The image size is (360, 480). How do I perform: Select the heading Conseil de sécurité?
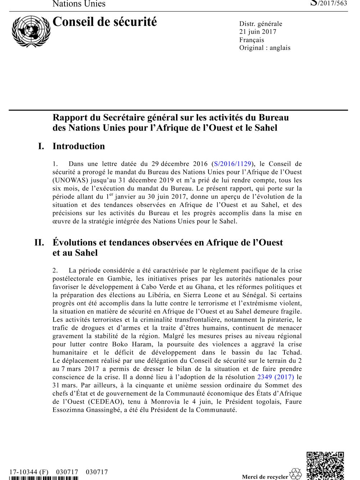105,22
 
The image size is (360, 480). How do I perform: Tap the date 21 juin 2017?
258,32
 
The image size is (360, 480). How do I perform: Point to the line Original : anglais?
265,48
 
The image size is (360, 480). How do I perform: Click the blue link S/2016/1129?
233,164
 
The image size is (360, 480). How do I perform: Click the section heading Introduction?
79,146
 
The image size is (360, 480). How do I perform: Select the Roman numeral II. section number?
39,242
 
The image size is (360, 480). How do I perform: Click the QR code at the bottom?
325,466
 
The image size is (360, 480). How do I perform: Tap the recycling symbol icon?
296,474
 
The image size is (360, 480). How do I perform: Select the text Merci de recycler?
265,477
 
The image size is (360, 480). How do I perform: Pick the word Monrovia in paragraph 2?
164,402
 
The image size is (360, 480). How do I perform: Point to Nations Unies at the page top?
79,4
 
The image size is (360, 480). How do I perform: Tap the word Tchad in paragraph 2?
292,353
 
